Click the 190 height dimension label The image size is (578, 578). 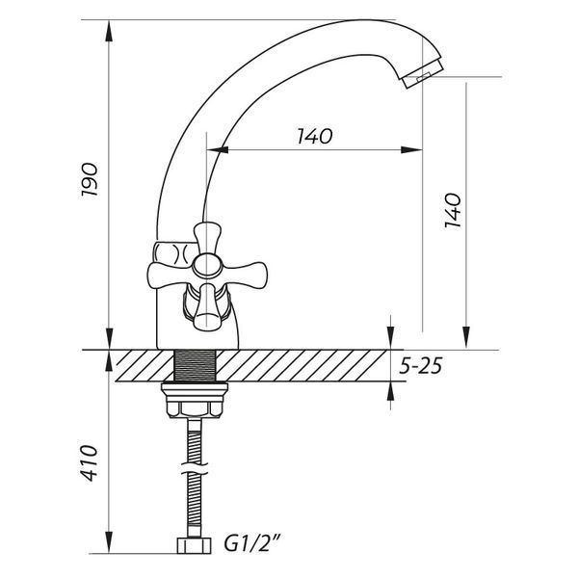(90, 179)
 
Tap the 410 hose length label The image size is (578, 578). (90, 463)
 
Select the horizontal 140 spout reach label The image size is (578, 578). (315, 136)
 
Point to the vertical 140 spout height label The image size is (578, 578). (453, 210)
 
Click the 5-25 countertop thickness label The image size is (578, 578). (421, 366)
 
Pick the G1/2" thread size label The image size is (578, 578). (252, 544)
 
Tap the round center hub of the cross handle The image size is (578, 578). (207, 266)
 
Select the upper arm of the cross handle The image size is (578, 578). (207, 238)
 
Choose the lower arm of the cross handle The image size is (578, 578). (207, 307)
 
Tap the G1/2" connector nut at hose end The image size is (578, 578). (195, 545)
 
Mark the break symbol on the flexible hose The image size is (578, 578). (195, 468)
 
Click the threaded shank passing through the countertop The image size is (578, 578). (195, 366)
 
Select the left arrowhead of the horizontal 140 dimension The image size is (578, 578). (218, 149)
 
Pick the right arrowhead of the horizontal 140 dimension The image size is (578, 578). (411, 149)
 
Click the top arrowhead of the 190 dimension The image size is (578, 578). (109, 31)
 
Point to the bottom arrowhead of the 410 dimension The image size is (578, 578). (109, 542)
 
